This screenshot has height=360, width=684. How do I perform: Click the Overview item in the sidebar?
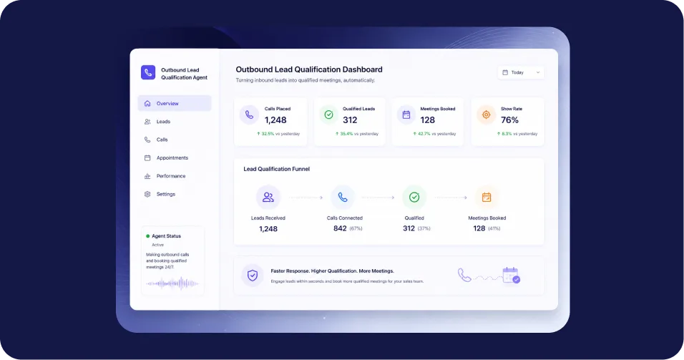[x=175, y=103]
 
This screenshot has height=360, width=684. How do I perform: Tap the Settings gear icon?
[x=147, y=194]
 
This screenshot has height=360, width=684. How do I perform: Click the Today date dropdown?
[x=521, y=72]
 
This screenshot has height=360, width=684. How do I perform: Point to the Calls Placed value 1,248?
[x=275, y=120]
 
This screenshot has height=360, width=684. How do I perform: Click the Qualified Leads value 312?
[x=350, y=120]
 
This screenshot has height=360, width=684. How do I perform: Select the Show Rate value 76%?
[x=509, y=120]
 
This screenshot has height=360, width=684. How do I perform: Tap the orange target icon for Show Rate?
[x=486, y=115]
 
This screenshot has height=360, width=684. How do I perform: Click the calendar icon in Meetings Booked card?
[x=406, y=115]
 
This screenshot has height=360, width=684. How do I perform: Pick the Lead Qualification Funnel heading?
[x=277, y=169]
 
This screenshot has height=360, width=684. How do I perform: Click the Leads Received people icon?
[x=268, y=198]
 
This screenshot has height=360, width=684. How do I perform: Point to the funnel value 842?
[x=340, y=228]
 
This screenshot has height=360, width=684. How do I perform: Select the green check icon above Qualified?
[x=414, y=198]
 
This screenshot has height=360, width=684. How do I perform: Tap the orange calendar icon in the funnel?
[x=487, y=198]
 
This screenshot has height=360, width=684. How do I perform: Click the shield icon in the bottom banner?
[x=252, y=276]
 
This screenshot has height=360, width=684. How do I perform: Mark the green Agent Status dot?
[x=148, y=236]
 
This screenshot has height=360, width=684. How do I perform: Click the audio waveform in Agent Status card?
[x=172, y=283]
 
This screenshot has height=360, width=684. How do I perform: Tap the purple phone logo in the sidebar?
[x=148, y=72]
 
